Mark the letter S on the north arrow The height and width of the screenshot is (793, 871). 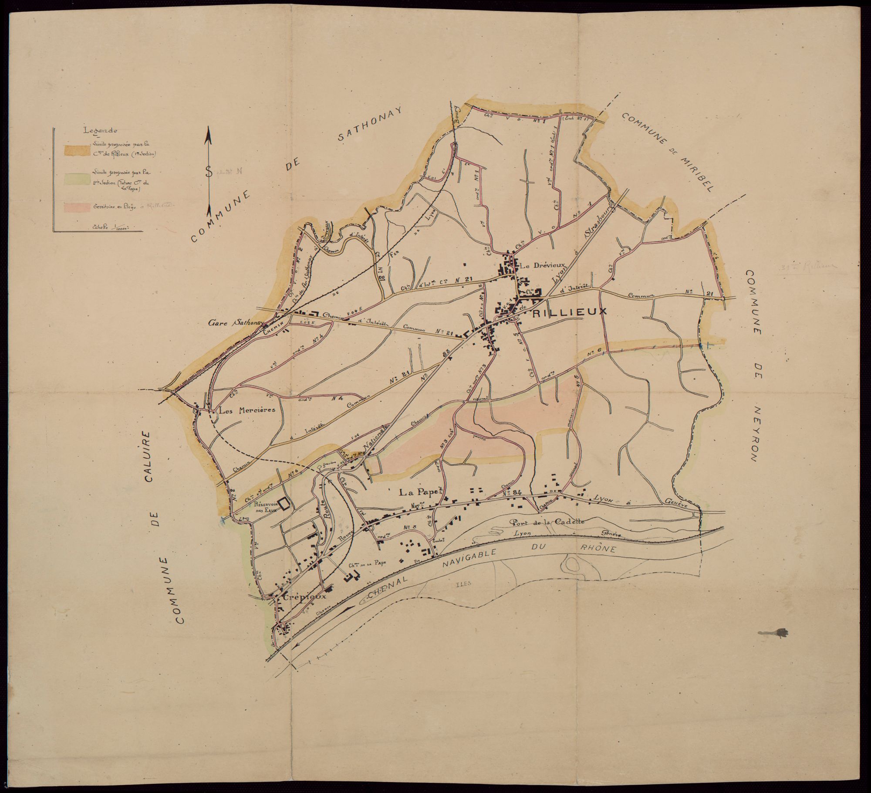tap(209, 171)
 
